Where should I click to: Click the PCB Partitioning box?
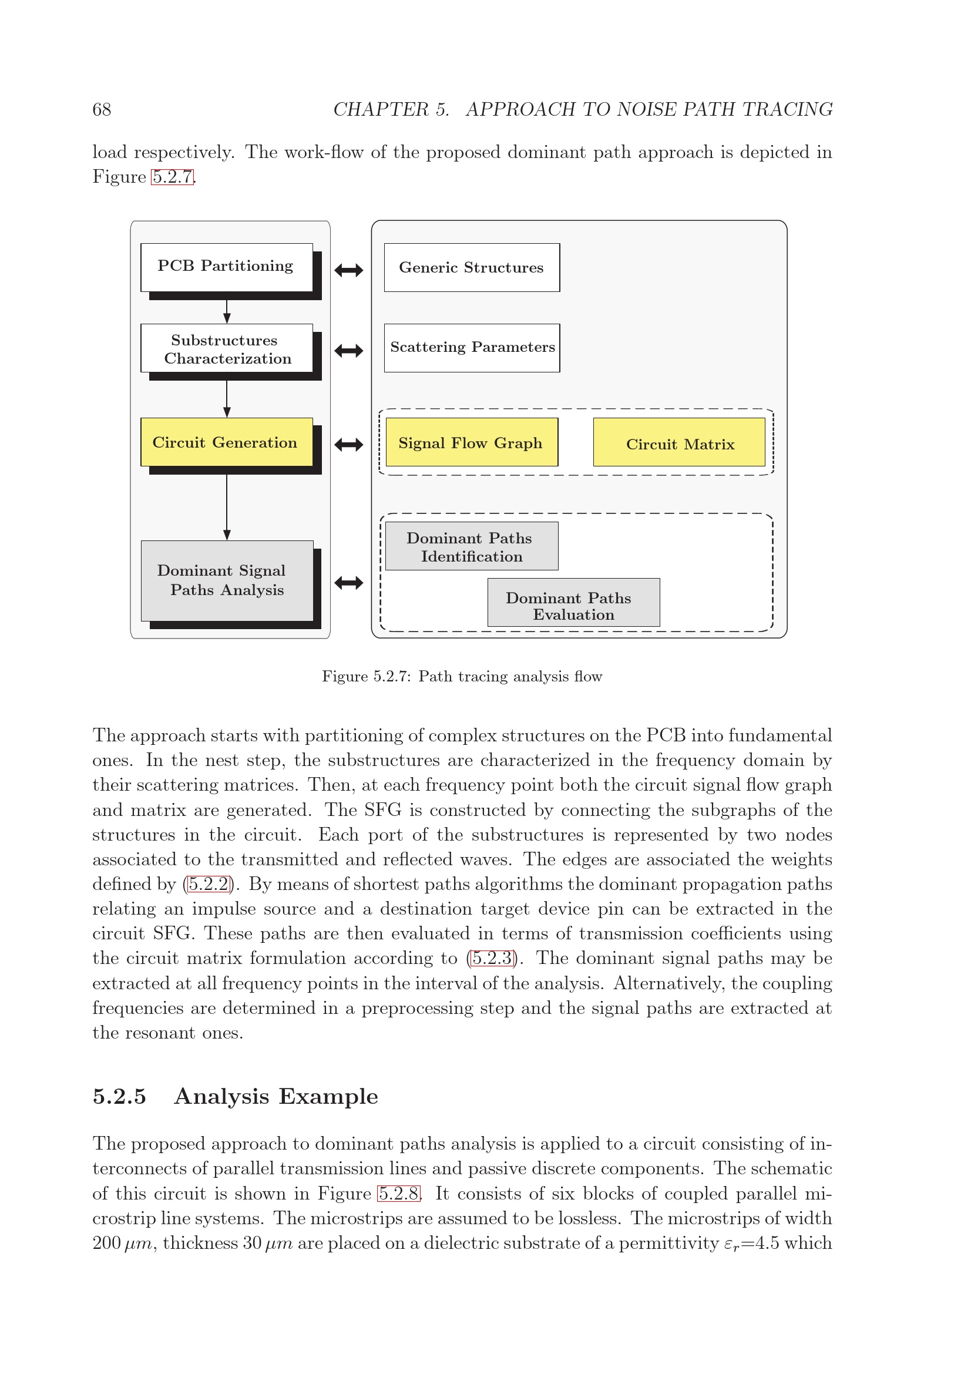tap(226, 267)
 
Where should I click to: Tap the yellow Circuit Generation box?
tap(226, 442)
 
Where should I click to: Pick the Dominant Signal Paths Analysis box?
tap(227, 580)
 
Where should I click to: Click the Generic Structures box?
tap(472, 267)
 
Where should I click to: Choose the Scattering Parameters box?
tap(472, 348)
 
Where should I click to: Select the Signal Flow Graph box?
tap(472, 442)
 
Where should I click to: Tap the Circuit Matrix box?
tap(679, 442)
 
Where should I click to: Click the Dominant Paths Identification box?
tap(472, 546)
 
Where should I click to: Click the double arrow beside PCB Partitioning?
tap(349, 270)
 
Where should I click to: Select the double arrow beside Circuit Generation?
tap(349, 445)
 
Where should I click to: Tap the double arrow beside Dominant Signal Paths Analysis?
tap(349, 582)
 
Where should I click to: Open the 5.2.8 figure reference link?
tap(398, 1194)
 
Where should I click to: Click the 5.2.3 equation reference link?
tap(492, 958)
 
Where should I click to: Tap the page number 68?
tap(102, 109)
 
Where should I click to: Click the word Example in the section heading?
tap(328, 1097)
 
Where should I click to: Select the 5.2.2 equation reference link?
tap(208, 885)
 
